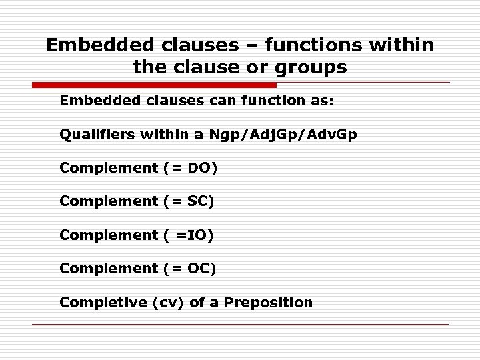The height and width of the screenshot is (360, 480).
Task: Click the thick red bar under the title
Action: [154, 85]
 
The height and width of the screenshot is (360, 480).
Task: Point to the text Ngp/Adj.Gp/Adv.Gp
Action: [283, 135]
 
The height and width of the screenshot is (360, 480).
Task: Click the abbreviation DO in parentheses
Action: [199, 168]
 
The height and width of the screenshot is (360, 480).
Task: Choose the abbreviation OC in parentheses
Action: [199, 268]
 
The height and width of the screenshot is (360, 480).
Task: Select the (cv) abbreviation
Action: [169, 302]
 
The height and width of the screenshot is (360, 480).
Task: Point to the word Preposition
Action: [268, 302]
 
